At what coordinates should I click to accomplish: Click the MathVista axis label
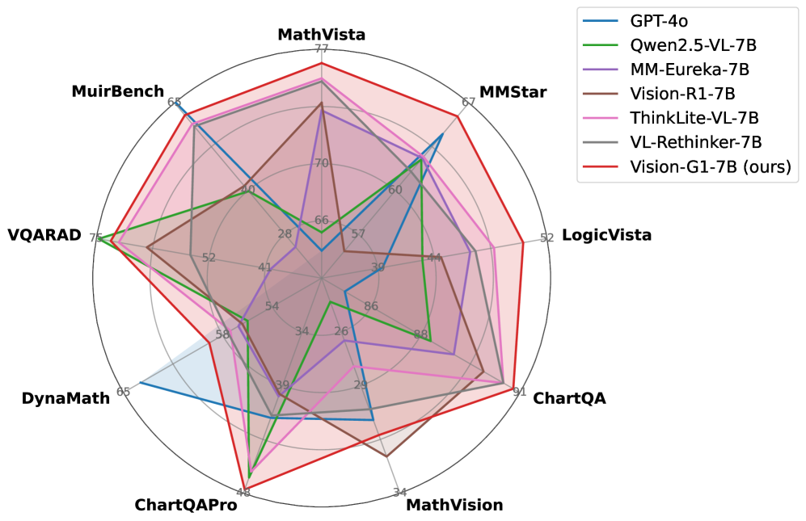321,35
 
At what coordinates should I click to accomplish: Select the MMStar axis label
513,92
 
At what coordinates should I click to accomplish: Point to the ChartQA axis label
569,398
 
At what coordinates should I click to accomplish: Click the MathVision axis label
454,506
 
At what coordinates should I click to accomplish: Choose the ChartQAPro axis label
186,506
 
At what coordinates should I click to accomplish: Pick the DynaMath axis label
65,398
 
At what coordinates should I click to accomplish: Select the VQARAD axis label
44,236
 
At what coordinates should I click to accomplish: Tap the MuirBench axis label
117,92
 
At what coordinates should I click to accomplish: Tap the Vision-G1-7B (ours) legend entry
710,167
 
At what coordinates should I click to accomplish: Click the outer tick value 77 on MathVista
322,49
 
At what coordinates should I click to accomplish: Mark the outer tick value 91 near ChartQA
520,392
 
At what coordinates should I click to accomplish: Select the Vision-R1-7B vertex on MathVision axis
386,457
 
